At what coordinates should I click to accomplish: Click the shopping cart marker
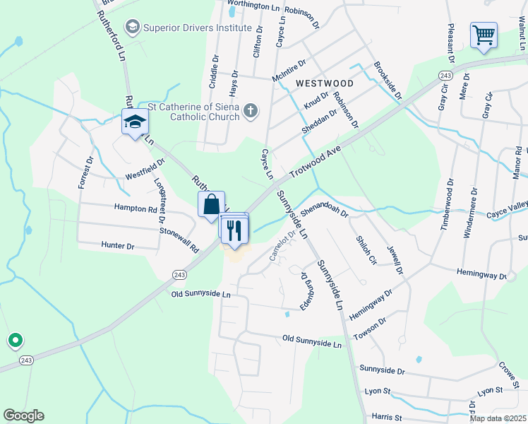[x=484, y=35]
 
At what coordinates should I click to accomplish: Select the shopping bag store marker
[x=211, y=205]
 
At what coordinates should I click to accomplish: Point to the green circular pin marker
[x=14, y=341]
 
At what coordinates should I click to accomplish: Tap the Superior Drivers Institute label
[x=197, y=28]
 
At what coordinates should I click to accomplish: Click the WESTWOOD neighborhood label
[x=325, y=83]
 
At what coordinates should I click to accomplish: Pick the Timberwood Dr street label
[x=446, y=203]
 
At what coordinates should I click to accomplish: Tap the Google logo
[x=23, y=416]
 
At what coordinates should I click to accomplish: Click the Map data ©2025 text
[x=497, y=418]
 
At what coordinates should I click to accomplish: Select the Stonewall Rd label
[x=179, y=238]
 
